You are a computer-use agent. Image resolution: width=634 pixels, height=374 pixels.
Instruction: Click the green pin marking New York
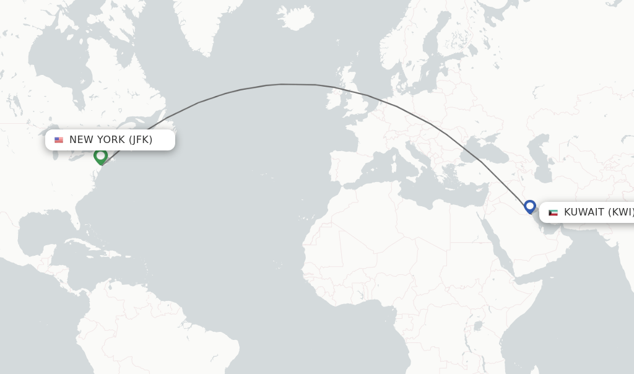100,156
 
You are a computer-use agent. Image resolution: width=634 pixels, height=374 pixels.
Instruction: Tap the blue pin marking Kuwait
529,206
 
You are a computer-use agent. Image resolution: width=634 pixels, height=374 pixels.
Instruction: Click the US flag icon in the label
59,140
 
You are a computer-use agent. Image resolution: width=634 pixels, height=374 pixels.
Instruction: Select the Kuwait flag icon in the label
553,212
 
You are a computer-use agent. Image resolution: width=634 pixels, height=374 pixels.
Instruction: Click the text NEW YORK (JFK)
111,140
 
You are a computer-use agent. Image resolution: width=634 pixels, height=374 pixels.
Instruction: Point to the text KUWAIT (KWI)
598,212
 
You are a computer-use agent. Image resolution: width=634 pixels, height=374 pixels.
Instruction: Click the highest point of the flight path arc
282,84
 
